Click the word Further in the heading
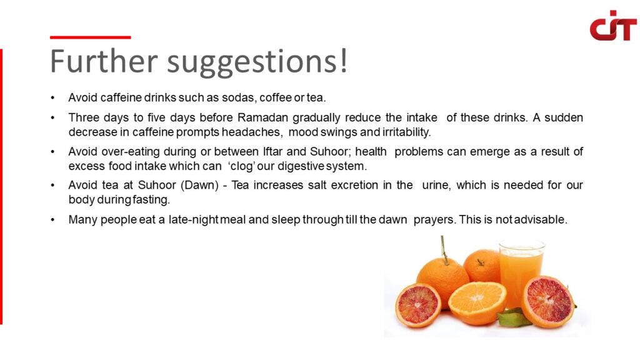pyautogui.click(x=104, y=61)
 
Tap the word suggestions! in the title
pyautogui.click(x=257, y=62)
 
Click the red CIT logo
pyautogui.click(x=613, y=25)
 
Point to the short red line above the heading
pyautogui.click(x=90, y=37)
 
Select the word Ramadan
pyautogui.click(x=263, y=117)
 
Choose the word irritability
pyautogui.click(x=406, y=132)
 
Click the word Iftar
pyautogui.click(x=273, y=152)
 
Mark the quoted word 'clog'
pyautogui.click(x=242, y=166)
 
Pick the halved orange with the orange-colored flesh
pyautogui.click(x=477, y=302)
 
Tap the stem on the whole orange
pyautogui.click(x=444, y=250)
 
